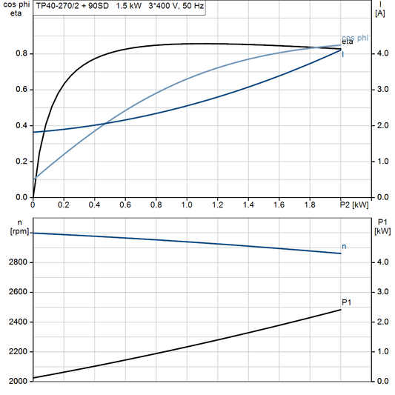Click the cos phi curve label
click(x=356, y=38)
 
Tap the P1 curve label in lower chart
click(x=347, y=302)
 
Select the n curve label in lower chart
click(x=344, y=245)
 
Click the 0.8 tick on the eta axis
click(x=21, y=53)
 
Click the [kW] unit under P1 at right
click(x=382, y=230)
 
